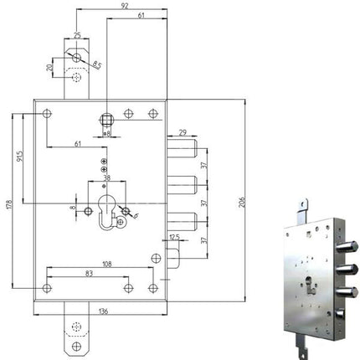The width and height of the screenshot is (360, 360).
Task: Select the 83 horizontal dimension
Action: click(x=89, y=274)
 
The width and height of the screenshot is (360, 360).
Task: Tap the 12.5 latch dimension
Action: click(x=174, y=238)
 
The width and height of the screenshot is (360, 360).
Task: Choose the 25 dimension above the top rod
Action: click(x=77, y=35)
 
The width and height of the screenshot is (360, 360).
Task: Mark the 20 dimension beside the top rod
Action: click(x=50, y=67)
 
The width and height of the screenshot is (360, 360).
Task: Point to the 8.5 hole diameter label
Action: click(x=96, y=64)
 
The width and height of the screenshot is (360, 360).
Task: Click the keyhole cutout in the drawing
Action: click(x=106, y=214)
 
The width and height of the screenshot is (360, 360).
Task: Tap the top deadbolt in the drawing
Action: click(x=183, y=152)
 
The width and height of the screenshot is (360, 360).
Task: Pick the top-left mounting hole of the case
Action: click(x=47, y=113)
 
